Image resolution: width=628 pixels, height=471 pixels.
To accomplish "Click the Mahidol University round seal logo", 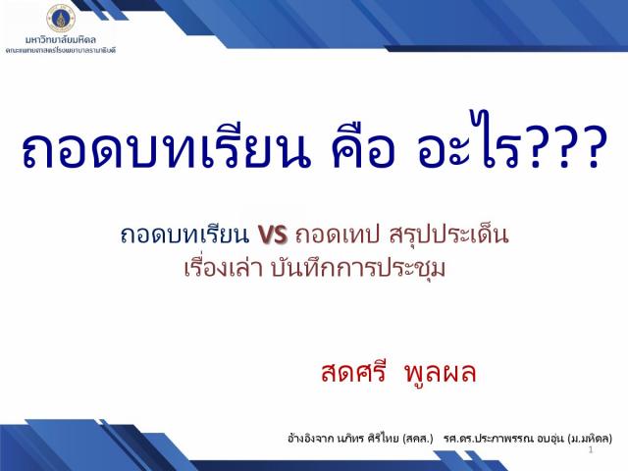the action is [61, 18].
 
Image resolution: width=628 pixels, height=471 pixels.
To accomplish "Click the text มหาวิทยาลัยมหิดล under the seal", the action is [61, 39].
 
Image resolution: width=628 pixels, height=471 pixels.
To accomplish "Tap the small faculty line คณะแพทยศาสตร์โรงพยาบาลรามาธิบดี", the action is [61, 50].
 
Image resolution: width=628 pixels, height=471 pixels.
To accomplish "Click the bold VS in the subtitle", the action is [273, 235].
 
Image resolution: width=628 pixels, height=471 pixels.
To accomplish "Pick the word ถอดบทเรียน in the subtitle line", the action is [184, 235].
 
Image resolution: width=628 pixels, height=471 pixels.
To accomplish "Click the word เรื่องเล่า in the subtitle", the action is [224, 268].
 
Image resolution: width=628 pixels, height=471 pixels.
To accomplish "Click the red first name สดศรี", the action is [353, 372].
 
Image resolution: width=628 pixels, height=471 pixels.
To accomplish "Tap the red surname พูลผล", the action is [441, 373].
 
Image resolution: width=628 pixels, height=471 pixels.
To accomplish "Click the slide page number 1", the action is [591, 450].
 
